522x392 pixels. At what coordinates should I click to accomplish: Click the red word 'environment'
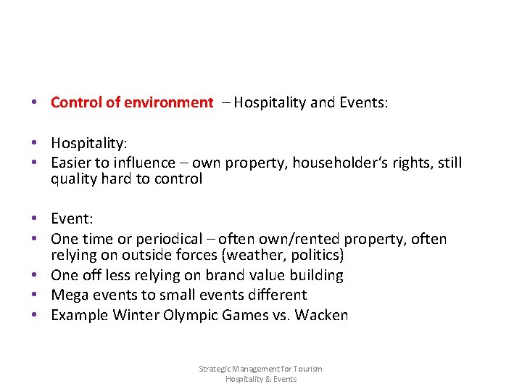tap(168, 102)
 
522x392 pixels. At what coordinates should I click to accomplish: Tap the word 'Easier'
tap(72, 163)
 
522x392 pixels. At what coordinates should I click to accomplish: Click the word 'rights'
tap(407, 163)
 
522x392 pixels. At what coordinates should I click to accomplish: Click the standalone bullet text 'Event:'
tap(72, 219)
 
